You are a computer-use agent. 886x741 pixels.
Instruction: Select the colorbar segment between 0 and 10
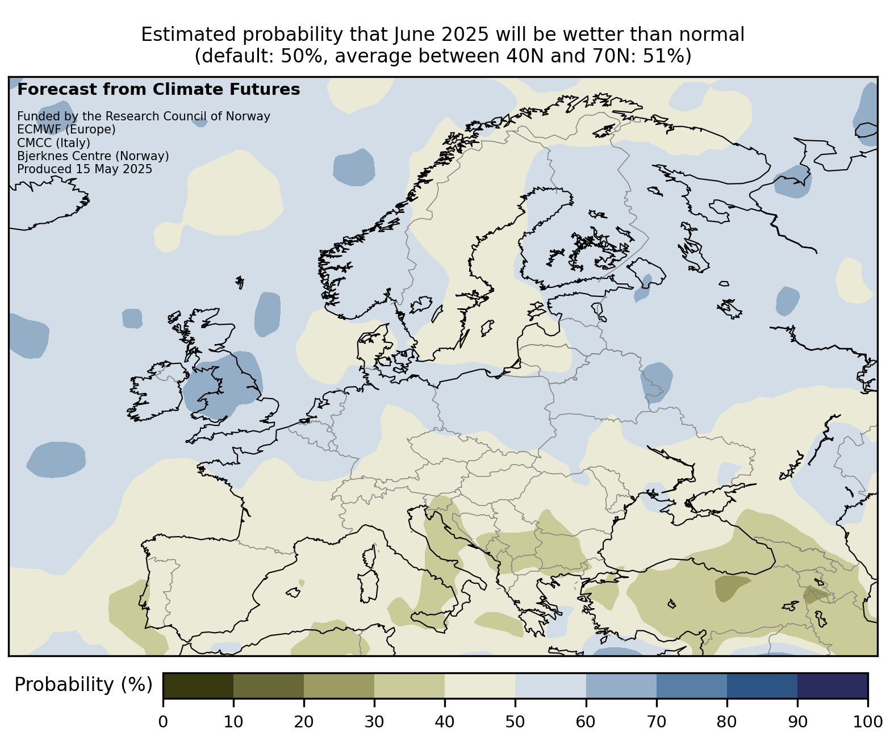point(198,685)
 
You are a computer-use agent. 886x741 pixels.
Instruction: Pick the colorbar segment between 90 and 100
point(833,685)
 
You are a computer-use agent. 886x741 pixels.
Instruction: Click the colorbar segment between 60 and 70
point(621,685)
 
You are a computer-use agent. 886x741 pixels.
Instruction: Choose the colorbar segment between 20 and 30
point(339,685)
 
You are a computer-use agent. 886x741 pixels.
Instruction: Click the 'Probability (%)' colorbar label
point(83,685)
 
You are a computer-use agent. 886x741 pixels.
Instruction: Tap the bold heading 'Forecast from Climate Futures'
point(158,90)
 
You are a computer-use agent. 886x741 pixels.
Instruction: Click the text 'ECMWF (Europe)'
point(66,129)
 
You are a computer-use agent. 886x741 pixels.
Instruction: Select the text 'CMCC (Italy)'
point(54,143)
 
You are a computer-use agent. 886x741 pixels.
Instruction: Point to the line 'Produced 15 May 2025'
point(85,169)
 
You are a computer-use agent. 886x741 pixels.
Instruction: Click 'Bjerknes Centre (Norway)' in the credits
point(93,156)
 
